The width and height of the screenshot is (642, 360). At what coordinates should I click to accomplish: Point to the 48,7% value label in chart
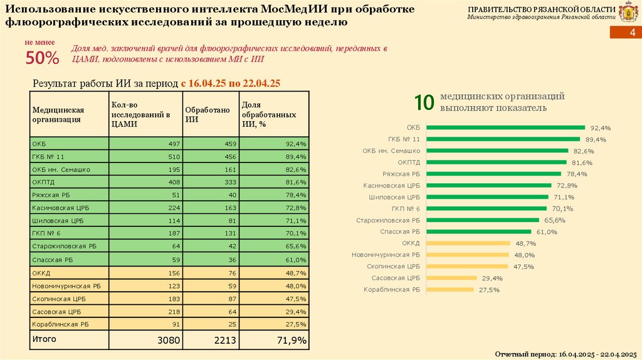[525, 243]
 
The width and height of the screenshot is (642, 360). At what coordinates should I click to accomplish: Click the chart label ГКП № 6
[405, 209]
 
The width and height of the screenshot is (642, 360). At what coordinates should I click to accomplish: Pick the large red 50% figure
[42, 59]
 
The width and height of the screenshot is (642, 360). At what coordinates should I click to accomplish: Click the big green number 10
[424, 103]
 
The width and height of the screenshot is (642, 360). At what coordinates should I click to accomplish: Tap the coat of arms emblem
[627, 13]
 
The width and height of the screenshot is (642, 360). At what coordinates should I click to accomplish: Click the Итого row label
[44, 339]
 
